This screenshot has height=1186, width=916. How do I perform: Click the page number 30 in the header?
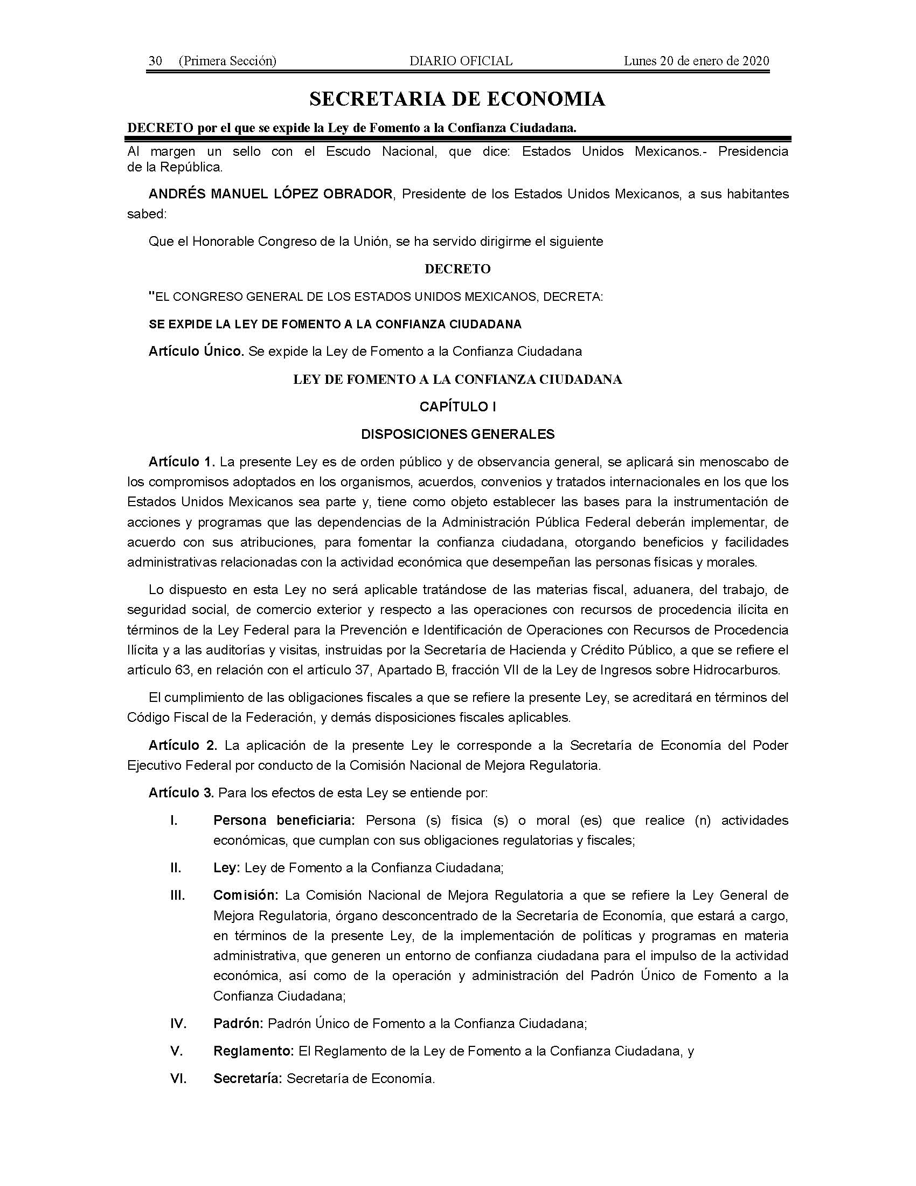(x=155, y=61)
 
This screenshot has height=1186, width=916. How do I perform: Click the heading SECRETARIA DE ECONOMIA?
(x=457, y=99)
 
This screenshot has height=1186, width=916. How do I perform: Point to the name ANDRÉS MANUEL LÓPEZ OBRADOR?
(x=270, y=194)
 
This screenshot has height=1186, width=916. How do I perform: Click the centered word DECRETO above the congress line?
(x=457, y=269)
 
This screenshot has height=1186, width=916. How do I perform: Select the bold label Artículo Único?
(x=196, y=351)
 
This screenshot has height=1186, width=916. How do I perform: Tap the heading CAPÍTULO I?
(x=457, y=406)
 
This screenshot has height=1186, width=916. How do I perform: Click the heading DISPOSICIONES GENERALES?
(x=457, y=434)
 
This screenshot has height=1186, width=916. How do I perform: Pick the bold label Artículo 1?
(x=182, y=462)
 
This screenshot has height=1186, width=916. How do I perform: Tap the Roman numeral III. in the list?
(x=177, y=895)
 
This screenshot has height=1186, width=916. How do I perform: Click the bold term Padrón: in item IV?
(x=238, y=1024)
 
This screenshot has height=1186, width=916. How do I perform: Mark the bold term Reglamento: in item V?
(x=253, y=1051)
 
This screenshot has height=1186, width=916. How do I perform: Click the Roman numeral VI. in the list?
(x=178, y=1079)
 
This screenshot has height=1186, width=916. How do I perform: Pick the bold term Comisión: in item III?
(x=245, y=895)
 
